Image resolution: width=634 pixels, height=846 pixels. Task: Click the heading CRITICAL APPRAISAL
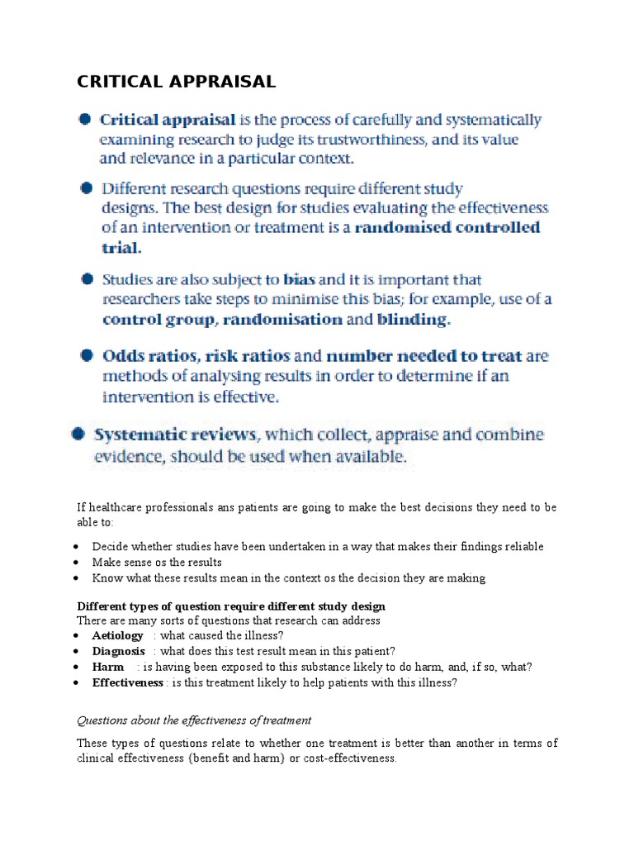point(176,81)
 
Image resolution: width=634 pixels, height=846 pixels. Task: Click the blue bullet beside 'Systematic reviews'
point(78,434)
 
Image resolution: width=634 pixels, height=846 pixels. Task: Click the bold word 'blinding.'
point(414,319)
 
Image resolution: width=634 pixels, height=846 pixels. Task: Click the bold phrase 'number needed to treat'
point(424,357)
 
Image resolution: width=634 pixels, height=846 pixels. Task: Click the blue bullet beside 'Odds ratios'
point(86,356)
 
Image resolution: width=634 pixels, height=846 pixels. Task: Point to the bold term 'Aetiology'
point(118,635)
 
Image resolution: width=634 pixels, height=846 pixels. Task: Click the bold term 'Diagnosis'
point(119,651)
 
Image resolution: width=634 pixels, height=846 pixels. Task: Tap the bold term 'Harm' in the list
point(108,667)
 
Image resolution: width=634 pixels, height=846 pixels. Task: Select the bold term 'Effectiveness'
point(128,682)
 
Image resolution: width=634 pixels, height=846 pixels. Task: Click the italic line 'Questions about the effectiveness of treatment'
point(194,720)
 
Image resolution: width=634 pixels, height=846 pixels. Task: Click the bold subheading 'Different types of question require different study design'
point(231,606)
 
